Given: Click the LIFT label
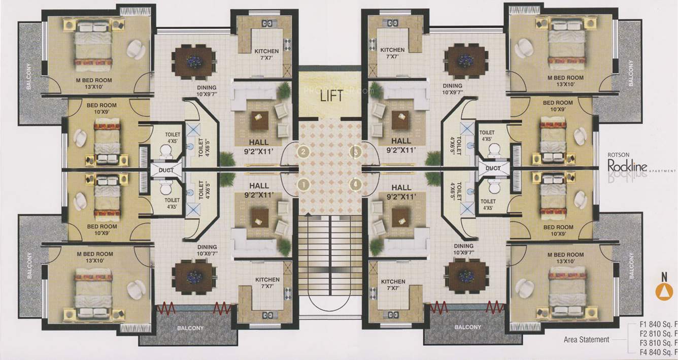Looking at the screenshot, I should (x=329, y=96).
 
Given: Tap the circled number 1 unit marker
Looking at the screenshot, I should (x=303, y=185).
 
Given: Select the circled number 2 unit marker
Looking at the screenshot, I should (x=303, y=151).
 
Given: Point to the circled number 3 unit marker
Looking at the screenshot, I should (x=356, y=151).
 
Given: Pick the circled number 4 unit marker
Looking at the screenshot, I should (x=356, y=185).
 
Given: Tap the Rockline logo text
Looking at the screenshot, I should (x=628, y=165).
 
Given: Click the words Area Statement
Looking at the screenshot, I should (x=586, y=340).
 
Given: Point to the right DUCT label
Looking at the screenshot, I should (x=493, y=168).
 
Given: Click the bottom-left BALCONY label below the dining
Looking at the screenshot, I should (x=190, y=328).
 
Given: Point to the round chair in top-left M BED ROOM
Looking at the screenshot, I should (x=135, y=49).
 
